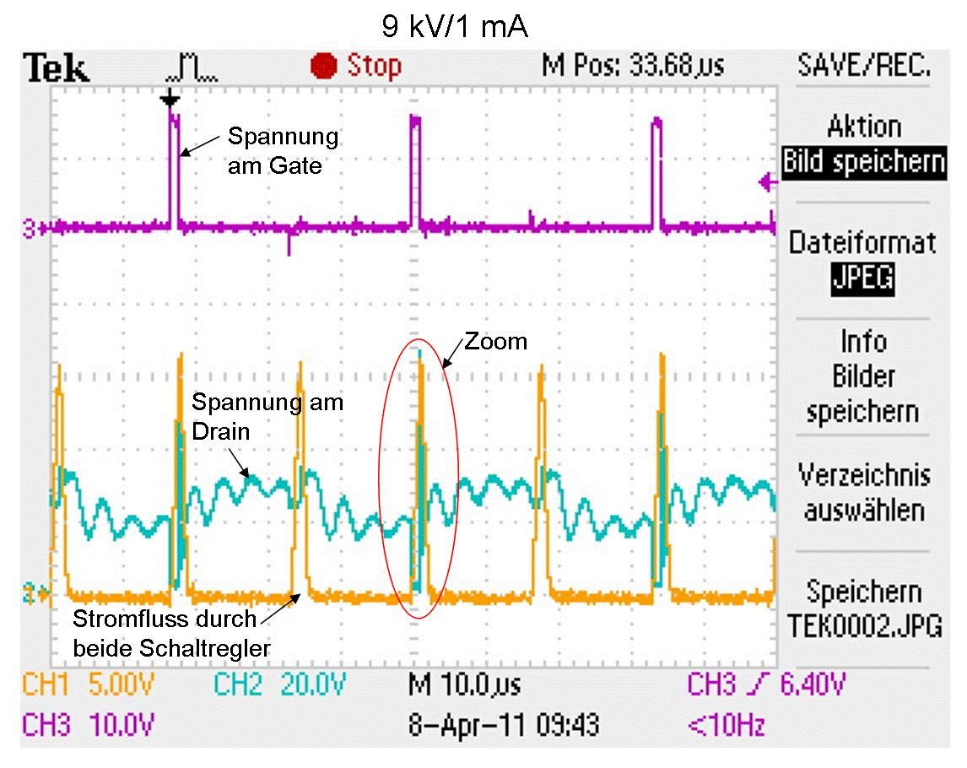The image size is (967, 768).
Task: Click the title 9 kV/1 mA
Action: (x=455, y=27)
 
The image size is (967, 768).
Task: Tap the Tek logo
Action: (x=57, y=68)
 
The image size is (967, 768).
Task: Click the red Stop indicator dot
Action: (x=323, y=66)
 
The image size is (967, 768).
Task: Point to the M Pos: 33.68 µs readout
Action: (x=632, y=65)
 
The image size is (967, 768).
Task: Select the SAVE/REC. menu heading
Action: (x=863, y=65)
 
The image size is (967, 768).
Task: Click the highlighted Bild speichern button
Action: (x=863, y=160)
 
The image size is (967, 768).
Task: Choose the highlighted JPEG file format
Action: (x=863, y=278)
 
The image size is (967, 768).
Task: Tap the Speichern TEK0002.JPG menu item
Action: (x=863, y=608)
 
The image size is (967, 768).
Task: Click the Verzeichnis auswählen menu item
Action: (x=863, y=493)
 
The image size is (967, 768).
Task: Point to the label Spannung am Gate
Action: (x=282, y=150)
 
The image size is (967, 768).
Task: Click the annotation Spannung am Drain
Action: (x=267, y=416)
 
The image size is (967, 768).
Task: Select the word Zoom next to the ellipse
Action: (x=495, y=341)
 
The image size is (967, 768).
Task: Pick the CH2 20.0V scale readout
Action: (x=278, y=684)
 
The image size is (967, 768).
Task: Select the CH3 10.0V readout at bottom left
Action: (x=89, y=724)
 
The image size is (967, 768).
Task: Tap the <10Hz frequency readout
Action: (x=728, y=724)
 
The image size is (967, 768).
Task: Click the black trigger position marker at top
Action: (x=170, y=100)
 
